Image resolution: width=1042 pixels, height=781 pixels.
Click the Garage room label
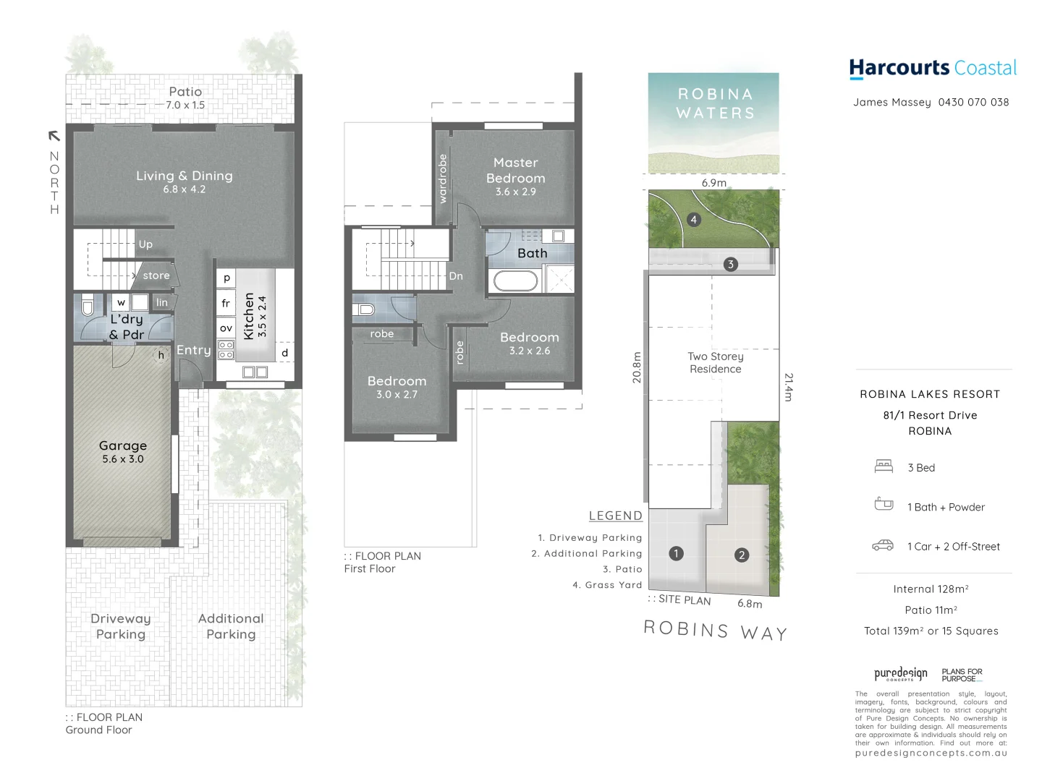pos(123,445)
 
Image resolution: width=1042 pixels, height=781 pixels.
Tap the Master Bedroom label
pos(515,170)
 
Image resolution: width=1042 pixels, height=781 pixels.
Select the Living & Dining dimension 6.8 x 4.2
pos(184,189)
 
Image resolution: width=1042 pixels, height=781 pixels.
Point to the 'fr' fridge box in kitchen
pos(226,303)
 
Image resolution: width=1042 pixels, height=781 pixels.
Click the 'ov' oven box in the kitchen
pos(226,328)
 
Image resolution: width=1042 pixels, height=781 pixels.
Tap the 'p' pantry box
pos(226,278)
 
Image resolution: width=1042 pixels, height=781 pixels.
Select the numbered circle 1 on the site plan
pos(676,553)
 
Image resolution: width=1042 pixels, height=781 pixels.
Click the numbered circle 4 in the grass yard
pos(693,219)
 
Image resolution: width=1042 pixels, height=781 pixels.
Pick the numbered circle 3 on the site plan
pos(730,264)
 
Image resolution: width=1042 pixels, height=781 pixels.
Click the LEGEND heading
pos(615,516)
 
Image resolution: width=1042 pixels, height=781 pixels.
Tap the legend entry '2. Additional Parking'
pos(586,553)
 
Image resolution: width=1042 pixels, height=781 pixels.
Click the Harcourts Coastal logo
pos(932,68)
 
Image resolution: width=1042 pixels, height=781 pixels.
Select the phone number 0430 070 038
pos(973,102)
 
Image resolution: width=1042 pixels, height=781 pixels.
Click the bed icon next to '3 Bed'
pos(883,466)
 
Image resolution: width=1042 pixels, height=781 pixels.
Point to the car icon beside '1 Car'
pos(882,545)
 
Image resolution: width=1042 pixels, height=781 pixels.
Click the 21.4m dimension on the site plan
pos(788,387)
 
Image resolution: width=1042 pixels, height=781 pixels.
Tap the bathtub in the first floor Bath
pos(515,281)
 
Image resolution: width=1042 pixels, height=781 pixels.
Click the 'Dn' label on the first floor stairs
pos(456,276)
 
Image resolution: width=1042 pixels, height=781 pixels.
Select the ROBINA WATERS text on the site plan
pos(715,103)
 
